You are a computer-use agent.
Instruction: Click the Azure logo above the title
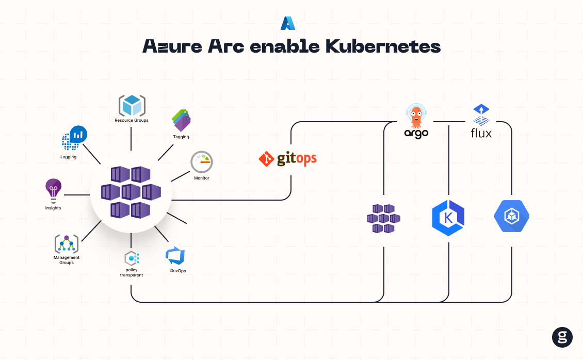(x=287, y=23)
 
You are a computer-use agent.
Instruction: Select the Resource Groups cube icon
(x=132, y=106)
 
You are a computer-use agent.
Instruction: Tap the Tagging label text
(x=181, y=137)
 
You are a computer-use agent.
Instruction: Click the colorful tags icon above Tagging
(x=181, y=120)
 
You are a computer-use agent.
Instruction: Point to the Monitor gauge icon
(x=201, y=162)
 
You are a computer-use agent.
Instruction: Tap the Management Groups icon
(x=67, y=243)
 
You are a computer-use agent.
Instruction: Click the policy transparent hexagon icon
(x=132, y=258)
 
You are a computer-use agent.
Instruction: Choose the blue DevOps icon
(x=175, y=256)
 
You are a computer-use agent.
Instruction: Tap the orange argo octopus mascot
(x=415, y=115)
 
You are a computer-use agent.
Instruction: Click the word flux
(x=481, y=133)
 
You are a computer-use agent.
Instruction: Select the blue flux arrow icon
(x=481, y=114)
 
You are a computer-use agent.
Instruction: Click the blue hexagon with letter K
(x=448, y=218)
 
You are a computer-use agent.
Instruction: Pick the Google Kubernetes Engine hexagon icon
(x=511, y=216)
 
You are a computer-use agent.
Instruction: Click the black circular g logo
(x=562, y=337)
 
